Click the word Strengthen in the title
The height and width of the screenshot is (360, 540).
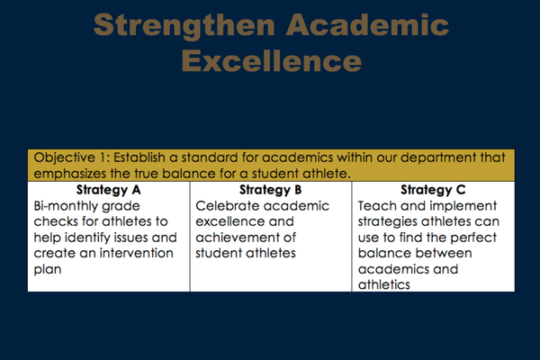[184, 26]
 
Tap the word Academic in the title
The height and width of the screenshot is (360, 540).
[367, 25]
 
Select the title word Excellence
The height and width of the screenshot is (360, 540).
[272, 60]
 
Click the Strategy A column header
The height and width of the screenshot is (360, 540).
[109, 190]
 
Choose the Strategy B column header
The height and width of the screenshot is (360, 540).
[270, 190]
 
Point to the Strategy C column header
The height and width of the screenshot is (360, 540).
[433, 190]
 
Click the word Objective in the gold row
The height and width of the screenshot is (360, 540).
[65, 157]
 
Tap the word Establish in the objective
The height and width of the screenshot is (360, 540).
[139, 157]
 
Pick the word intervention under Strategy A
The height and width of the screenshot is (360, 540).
[137, 253]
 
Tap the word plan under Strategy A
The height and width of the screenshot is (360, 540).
[48, 270]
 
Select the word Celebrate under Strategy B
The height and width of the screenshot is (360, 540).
[224, 206]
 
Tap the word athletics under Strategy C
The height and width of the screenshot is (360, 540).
[384, 285]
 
